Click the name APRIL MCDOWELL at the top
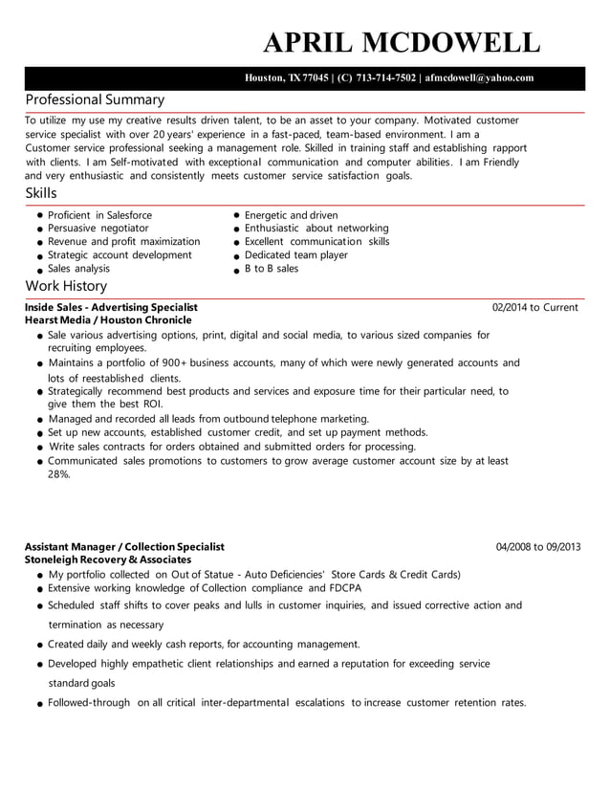coord(402,42)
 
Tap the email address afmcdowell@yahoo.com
coord(479,78)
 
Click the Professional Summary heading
coord(95,99)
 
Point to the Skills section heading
coord(41,193)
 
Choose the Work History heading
coord(66,286)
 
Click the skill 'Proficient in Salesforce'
coord(99,215)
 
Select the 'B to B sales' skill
coord(272,269)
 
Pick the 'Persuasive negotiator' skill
coord(98,229)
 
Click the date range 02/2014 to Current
coord(534,307)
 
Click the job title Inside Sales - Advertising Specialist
coord(111,307)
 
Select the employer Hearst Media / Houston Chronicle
coord(108,320)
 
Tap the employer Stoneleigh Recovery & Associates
coord(108,560)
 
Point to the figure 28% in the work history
coord(58,474)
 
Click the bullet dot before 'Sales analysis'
coord(40,271)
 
